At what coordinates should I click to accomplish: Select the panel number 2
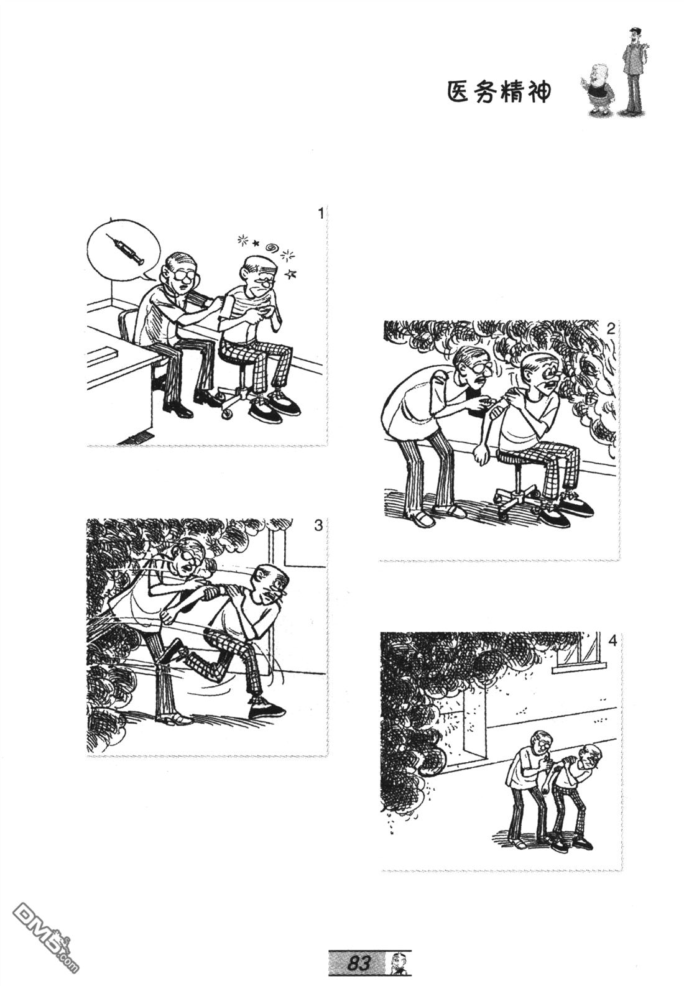609,329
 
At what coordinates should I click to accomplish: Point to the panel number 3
318,526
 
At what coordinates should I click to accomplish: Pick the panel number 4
612,642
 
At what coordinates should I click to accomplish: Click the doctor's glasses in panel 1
183,275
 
